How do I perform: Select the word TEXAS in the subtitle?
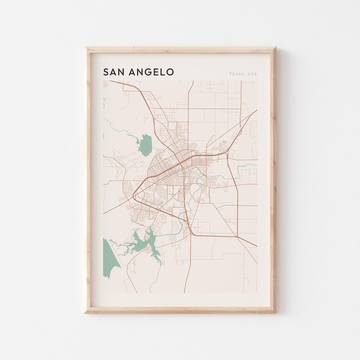pos(236,74)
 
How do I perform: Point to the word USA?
pos(252,74)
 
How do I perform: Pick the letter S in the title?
pos(106,72)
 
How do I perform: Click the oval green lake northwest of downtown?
pos(145,145)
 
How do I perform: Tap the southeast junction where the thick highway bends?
pos(237,237)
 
